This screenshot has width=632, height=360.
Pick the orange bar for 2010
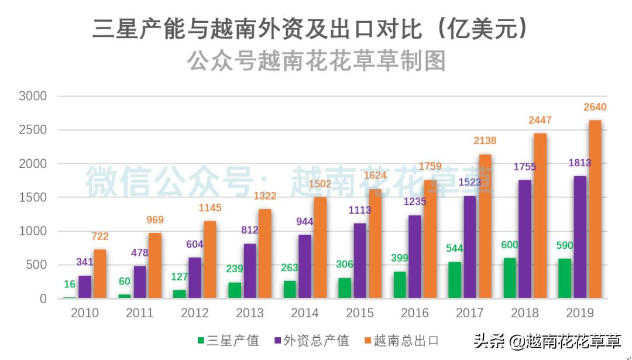(x=100, y=274)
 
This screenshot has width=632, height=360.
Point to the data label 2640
(x=595, y=107)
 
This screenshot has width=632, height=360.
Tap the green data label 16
(x=70, y=284)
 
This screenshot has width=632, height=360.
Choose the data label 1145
(x=209, y=208)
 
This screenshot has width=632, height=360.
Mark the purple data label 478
(x=139, y=253)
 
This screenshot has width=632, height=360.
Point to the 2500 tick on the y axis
(x=33, y=130)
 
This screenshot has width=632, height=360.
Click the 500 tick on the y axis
(x=36, y=265)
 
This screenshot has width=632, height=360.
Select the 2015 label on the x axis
(x=359, y=313)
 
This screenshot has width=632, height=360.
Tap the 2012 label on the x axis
(x=194, y=313)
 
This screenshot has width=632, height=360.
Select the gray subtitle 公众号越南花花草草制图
(x=317, y=60)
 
